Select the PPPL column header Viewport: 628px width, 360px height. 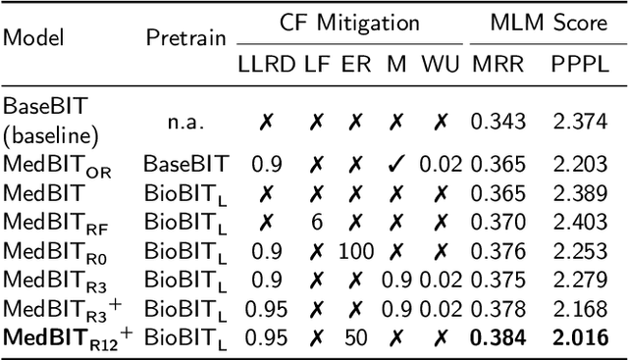point(574,65)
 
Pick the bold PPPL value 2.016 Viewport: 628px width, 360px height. point(574,338)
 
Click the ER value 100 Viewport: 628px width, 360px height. point(356,251)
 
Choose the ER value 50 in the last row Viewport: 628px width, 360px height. point(356,338)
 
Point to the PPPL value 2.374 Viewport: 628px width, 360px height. point(574,120)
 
